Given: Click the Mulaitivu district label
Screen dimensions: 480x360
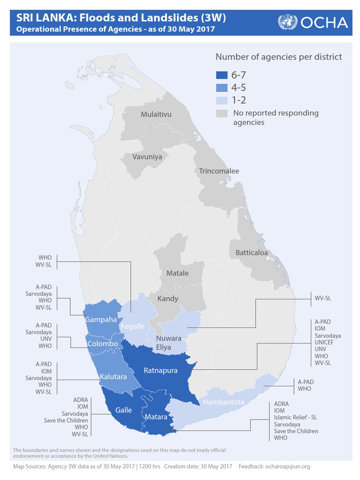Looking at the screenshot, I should click(156, 114).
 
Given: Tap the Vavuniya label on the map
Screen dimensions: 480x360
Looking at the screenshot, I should click(147, 157).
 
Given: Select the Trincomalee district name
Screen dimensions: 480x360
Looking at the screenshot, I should click(219, 171).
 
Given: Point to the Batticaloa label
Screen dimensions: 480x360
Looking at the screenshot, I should click(252, 253).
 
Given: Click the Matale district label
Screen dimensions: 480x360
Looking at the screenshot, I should click(178, 273).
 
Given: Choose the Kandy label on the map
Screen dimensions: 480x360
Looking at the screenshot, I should click(167, 299).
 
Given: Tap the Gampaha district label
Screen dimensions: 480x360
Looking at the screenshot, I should click(100, 320).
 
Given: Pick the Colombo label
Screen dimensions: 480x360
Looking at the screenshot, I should click(103, 344).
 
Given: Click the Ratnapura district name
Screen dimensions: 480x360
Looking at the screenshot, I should click(161, 370).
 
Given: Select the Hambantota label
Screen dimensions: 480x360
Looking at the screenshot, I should click(224, 402).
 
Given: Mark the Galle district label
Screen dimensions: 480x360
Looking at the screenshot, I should click(124, 410).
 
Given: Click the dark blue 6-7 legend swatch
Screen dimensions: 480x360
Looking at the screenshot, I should click(222, 75).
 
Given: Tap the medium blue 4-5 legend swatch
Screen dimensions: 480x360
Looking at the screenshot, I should click(222, 88).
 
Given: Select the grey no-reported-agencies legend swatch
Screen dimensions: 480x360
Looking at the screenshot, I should click(222, 113).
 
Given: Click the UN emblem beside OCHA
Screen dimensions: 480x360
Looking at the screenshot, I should click(287, 22).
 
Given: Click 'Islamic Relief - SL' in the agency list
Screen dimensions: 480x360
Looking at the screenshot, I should click(295, 417).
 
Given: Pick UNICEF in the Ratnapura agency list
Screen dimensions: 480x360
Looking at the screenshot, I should click(327, 343).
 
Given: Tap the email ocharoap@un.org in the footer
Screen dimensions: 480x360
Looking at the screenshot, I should click(287, 466).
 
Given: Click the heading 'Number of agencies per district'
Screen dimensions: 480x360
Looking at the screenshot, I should click(278, 57).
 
